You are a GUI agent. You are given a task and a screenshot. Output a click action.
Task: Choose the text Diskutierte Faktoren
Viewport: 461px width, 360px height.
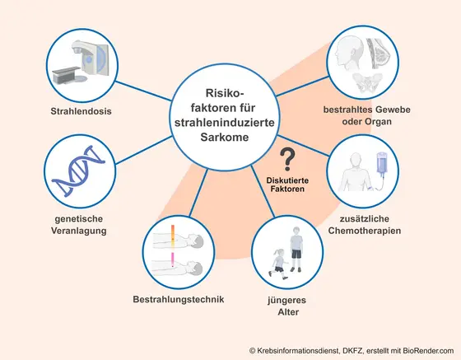point(287,185)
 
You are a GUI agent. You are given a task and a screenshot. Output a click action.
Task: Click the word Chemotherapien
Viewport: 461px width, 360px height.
point(364,231)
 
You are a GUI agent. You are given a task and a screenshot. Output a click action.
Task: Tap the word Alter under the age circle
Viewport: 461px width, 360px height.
point(285,313)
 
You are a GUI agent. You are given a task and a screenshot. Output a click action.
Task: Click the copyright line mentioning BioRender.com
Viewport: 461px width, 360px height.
point(351,351)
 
